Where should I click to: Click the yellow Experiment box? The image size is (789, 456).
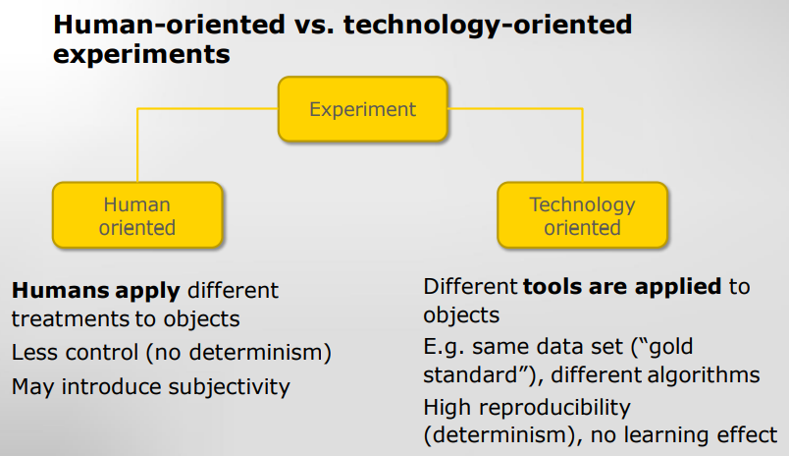point(363,109)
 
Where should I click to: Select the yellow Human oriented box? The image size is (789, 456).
point(137,215)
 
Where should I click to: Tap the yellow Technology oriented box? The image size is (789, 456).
point(582,215)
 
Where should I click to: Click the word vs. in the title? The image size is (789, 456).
point(314,25)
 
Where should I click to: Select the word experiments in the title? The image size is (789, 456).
point(141,54)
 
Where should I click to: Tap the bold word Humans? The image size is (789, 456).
point(61,290)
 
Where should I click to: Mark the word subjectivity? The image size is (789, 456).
point(229,387)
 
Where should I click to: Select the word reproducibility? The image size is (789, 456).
point(554,408)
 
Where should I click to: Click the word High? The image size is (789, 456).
point(447,408)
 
